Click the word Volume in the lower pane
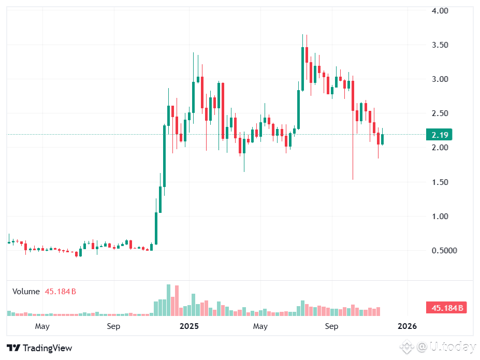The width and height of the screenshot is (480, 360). point(26,292)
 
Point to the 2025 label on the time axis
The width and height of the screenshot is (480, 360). point(189,326)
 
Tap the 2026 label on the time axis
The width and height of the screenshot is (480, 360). point(407,326)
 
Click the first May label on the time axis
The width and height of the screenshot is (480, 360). point(42,326)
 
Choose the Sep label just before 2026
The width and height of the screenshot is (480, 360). point(331,326)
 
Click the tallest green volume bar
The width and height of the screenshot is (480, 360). point(168,300)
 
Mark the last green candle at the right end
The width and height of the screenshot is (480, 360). point(383,139)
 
